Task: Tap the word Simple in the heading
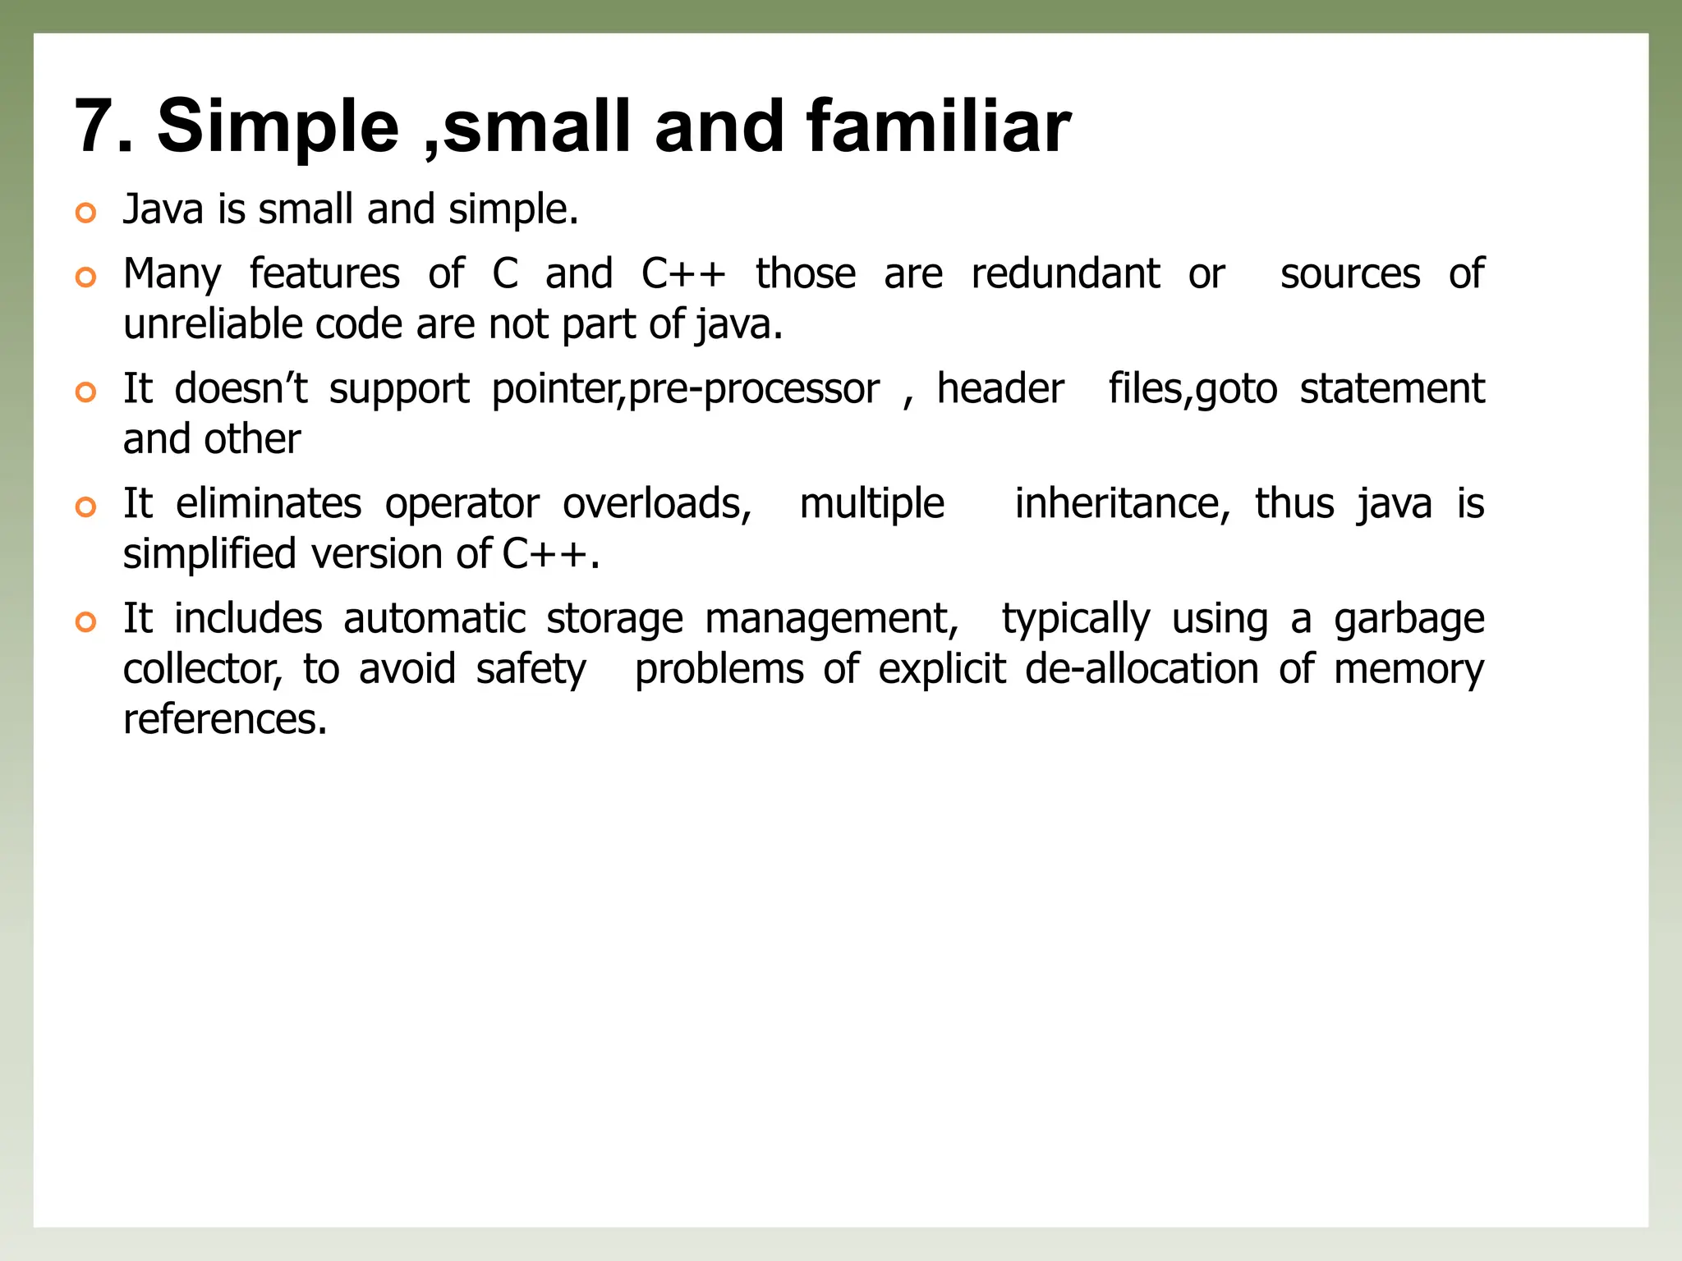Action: [278, 127]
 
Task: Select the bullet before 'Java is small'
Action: [85, 213]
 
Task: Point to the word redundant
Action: [1065, 273]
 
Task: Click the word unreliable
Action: [215, 324]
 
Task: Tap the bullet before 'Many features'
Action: [85, 277]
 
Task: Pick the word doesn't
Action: [240, 388]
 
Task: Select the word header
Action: [1000, 388]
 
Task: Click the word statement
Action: [1391, 388]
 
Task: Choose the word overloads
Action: [656, 503]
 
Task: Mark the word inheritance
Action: [1122, 503]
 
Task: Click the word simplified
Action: [209, 554]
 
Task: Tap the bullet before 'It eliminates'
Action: [85, 507]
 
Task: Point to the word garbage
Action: [1409, 620]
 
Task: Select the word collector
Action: [202, 669]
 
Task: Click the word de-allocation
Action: [1142, 669]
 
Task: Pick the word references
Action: [225, 720]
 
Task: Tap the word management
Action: [831, 620]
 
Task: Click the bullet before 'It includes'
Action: [85, 622]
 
